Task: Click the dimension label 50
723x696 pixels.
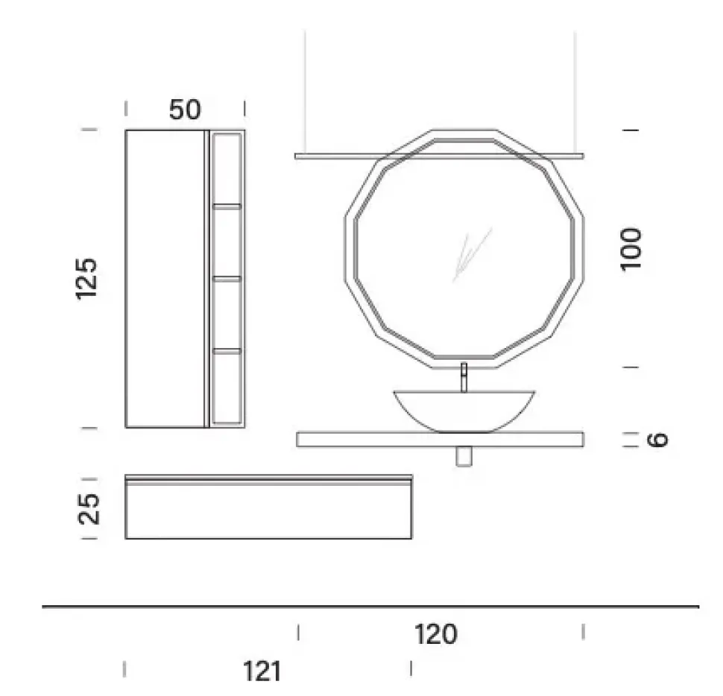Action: tap(185, 110)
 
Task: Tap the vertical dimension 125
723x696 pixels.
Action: tap(86, 279)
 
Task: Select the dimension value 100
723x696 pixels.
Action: tap(631, 249)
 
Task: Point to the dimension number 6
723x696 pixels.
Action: tap(657, 439)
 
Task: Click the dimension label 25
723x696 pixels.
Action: tap(89, 509)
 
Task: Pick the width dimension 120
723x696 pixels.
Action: tap(436, 634)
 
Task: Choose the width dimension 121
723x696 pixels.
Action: tap(262, 671)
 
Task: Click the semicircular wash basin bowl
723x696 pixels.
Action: tap(464, 411)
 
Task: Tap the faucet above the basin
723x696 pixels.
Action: tap(464, 378)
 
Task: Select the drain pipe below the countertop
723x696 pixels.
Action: tap(464, 456)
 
